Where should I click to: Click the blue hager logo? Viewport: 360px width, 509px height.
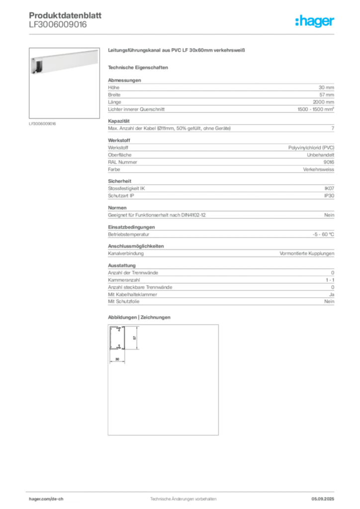point(315,22)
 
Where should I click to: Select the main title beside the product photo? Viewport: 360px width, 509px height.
point(177,51)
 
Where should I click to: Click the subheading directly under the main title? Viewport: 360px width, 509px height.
point(140,67)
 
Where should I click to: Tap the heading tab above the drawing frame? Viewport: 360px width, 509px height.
point(140,318)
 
